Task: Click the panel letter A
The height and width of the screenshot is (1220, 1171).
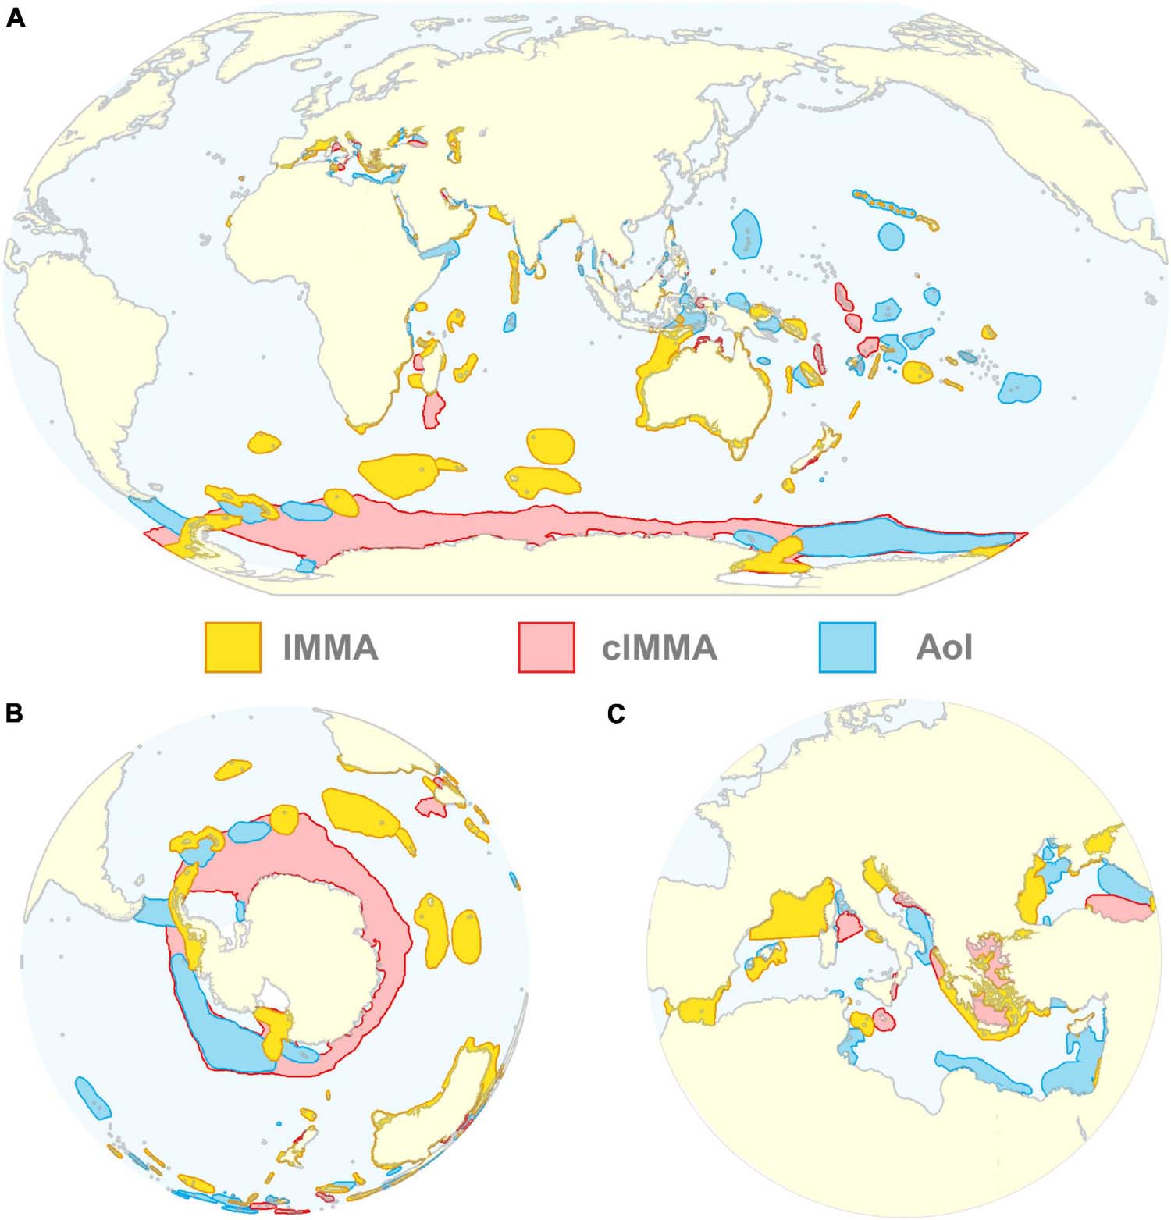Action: [x=15, y=18]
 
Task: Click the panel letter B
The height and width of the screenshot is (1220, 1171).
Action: [x=15, y=713]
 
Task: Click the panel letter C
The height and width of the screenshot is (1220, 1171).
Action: [x=616, y=714]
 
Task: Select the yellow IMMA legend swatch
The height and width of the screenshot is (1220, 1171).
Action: [x=233, y=647]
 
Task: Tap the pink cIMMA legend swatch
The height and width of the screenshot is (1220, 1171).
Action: [x=546, y=647]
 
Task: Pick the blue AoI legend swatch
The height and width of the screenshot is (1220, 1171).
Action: [x=847, y=647]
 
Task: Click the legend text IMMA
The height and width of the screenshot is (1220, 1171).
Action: [x=331, y=648]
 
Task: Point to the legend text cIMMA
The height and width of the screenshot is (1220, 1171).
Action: [x=659, y=648]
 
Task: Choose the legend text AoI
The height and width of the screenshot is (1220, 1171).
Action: [x=944, y=648]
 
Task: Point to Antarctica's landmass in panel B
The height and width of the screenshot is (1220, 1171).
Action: [x=304, y=952]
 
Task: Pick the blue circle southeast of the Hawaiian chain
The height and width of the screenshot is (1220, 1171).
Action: [x=891, y=235]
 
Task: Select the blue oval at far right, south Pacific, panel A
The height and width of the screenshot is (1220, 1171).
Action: [x=1019, y=387]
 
